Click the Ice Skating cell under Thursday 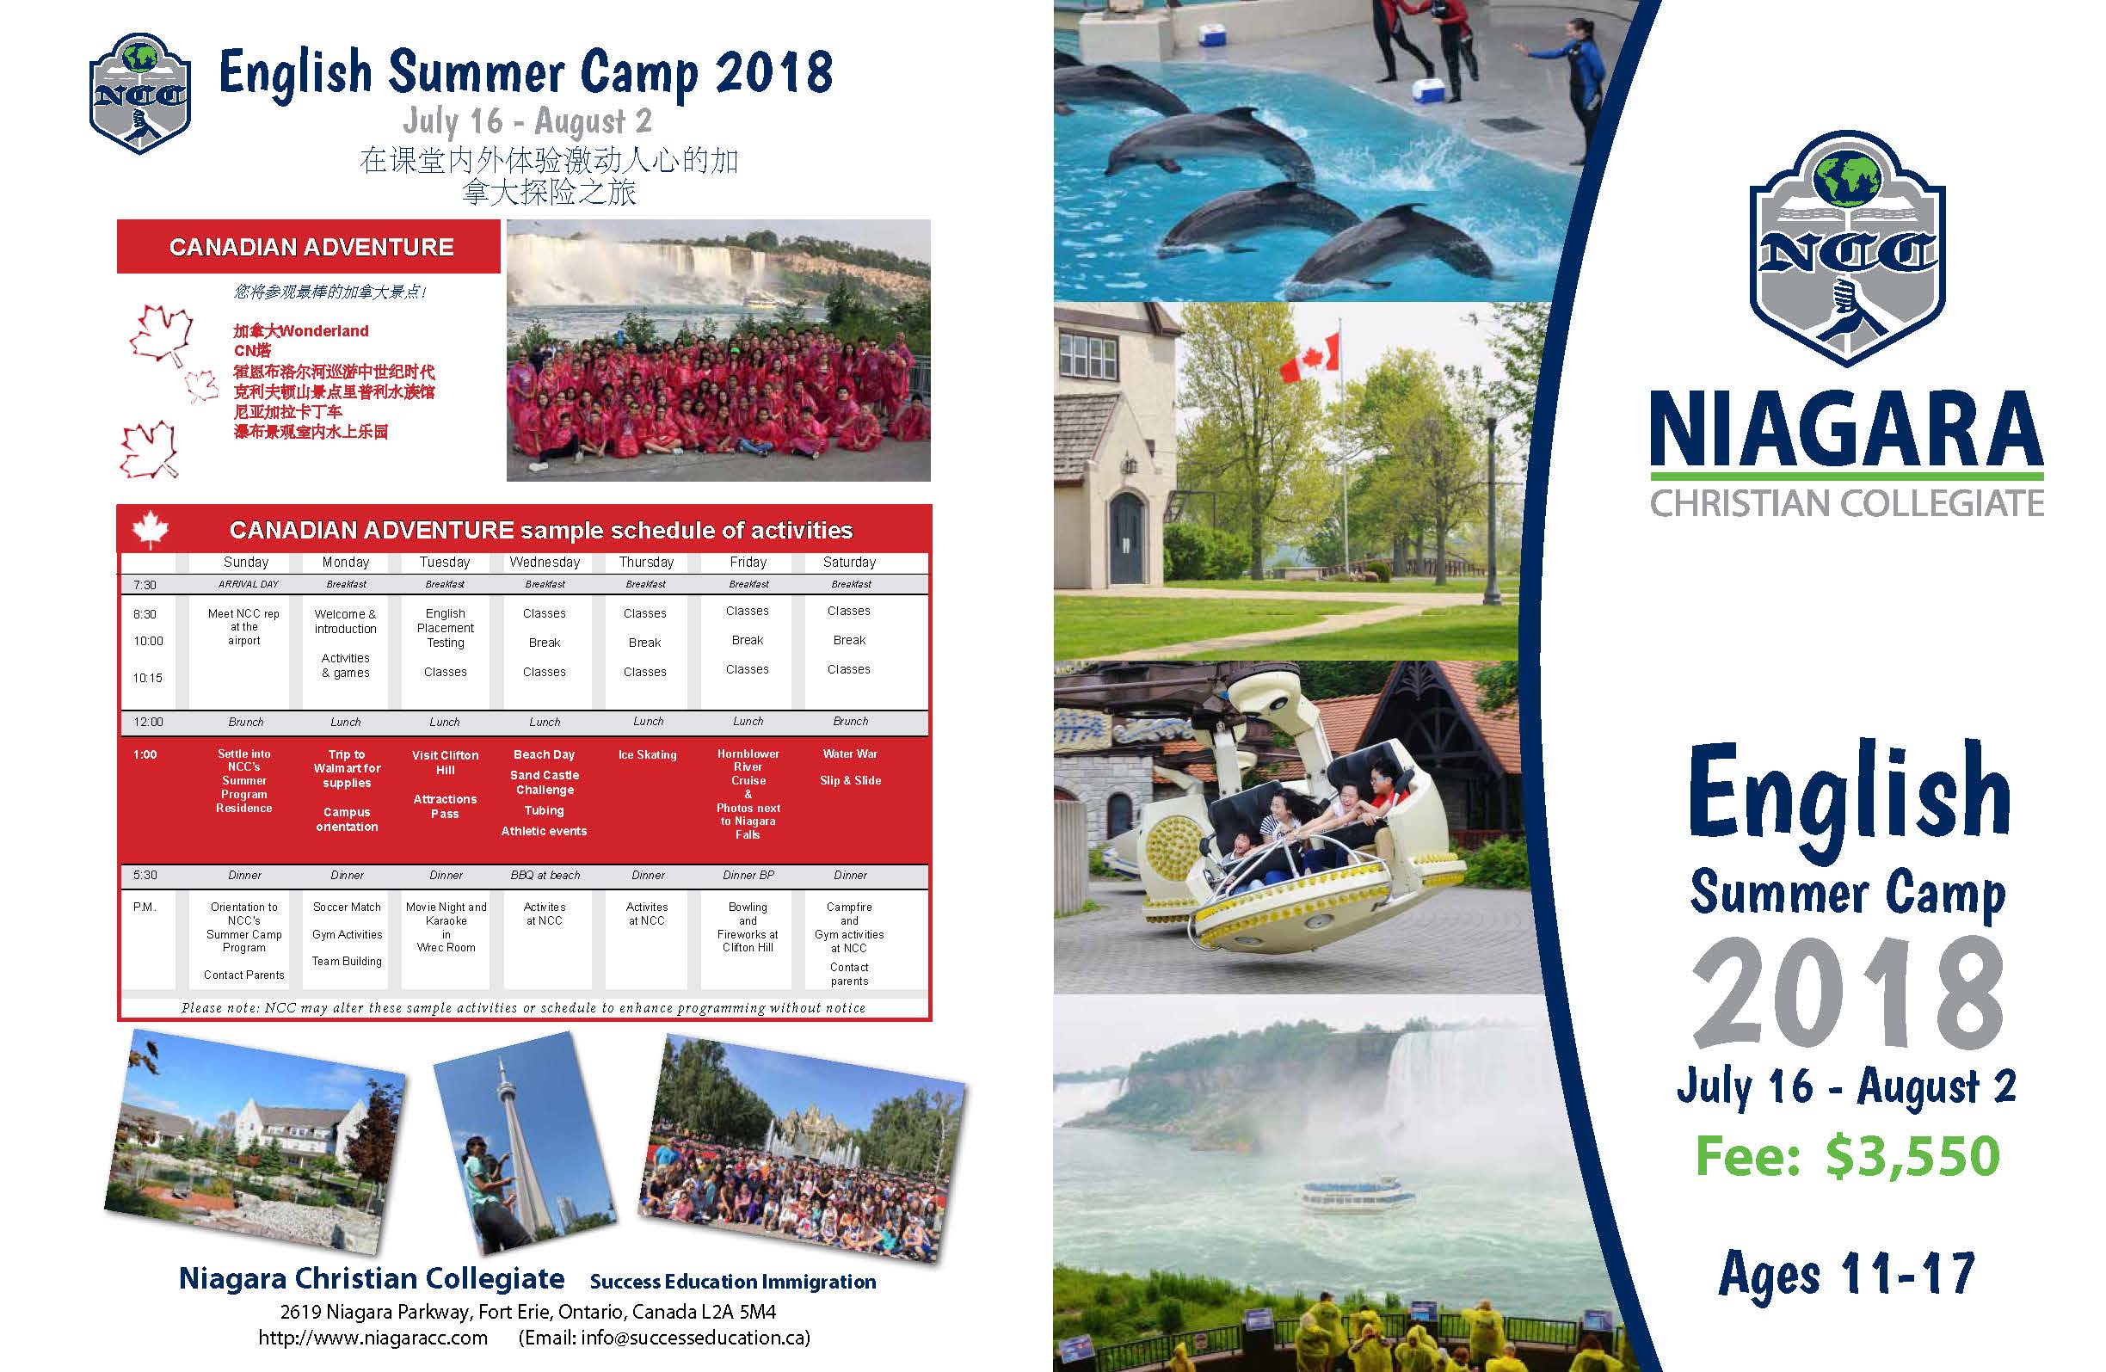coord(647,754)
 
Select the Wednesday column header coord(545,562)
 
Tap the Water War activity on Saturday coord(849,754)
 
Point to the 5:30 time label coord(145,875)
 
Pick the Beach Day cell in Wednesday coord(545,754)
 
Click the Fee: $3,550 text coord(1848,1156)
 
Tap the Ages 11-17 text coord(1847,1274)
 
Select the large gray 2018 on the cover coord(1848,993)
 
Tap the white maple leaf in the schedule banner coord(151,529)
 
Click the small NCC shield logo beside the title coord(140,93)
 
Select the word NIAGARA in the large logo coord(1846,428)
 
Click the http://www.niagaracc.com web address coord(373,1337)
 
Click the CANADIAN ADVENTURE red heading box coord(309,247)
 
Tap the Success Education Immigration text coord(733,1281)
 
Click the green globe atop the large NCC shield coord(1846,177)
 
